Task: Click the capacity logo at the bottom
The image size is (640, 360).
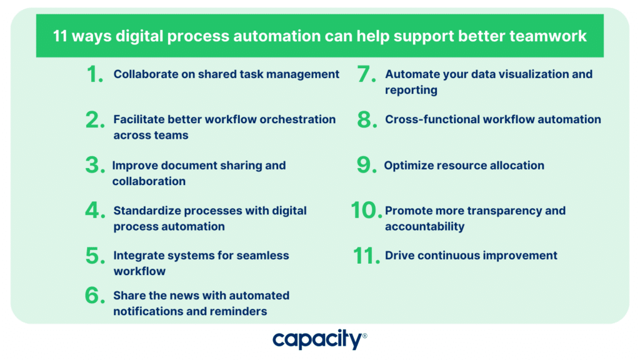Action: click(x=319, y=339)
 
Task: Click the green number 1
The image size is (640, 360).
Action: click(x=94, y=74)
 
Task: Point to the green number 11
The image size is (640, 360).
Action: click(x=366, y=256)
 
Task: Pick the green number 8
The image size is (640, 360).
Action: click(x=367, y=119)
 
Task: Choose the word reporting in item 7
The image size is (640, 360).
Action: click(x=411, y=90)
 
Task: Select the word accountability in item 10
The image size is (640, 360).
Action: click(x=424, y=226)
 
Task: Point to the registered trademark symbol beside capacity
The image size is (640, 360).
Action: click(x=364, y=336)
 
